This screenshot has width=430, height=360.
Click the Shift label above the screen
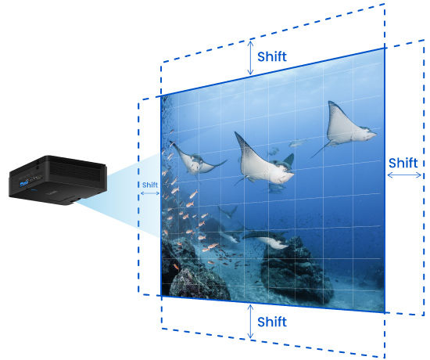(x=272, y=56)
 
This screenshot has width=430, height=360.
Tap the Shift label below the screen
(x=272, y=322)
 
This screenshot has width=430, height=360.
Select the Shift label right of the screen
(x=403, y=163)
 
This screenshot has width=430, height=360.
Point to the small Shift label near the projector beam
(x=150, y=185)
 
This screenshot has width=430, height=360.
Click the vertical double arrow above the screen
(x=250, y=58)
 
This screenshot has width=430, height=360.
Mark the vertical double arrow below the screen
(x=250, y=321)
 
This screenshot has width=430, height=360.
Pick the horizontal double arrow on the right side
(x=404, y=175)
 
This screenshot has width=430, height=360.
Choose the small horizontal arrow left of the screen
(x=150, y=193)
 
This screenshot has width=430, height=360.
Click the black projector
(x=58, y=180)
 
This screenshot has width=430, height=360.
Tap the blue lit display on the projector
(x=24, y=183)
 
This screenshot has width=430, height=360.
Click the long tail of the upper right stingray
(x=321, y=150)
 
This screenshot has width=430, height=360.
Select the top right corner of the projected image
(x=385, y=49)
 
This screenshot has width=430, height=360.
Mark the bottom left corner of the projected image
(x=161, y=296)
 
